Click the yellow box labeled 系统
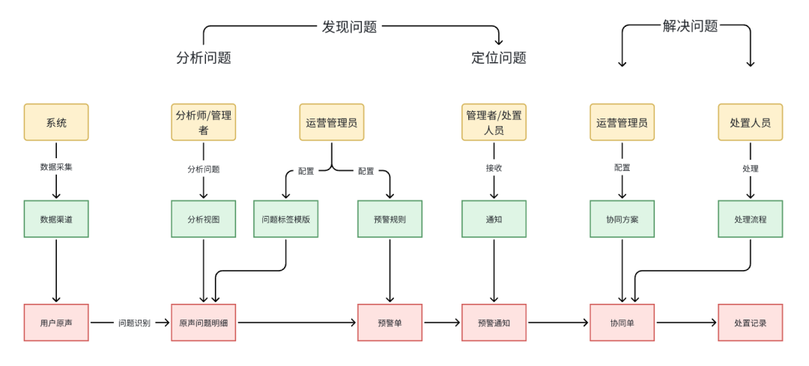pos(56,122)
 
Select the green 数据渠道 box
pos(56,219)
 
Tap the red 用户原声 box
pos(56,322)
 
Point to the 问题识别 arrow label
pos(134,323)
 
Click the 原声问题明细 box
pos(204,322)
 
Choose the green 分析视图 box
pos(204,219)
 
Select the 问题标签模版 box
pos(285,219)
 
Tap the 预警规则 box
pos(390,219)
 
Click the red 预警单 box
pos(390,322)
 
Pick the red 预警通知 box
pos(494,322)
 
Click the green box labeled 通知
pos(494,219)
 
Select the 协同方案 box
pos(622,219)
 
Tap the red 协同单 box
pos(622,322)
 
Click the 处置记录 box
pos(750,322)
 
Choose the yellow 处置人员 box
pos(750,122)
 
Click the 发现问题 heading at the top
pos(349,27)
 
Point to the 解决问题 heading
pos(690,26)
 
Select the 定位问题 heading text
pos(499,58)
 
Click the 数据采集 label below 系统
pos(56,167)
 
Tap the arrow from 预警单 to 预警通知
pos(442,322)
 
